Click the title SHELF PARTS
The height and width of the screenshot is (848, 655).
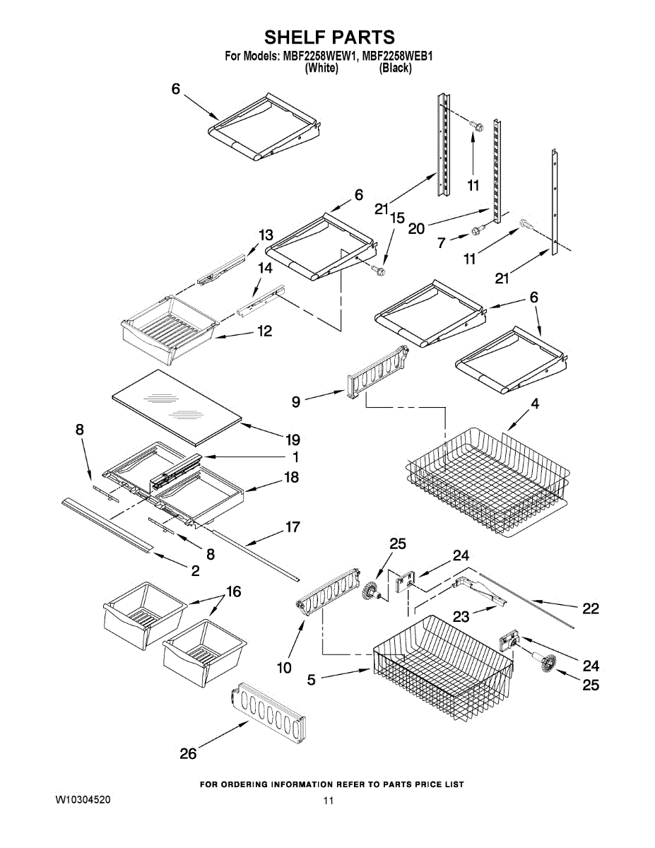click(329, 37)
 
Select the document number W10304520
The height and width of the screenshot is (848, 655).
click(83, 799)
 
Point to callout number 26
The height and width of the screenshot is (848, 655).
click(188, 753)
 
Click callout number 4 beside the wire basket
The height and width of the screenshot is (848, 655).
click(535, 404)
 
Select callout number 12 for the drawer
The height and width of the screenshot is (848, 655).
click(264, 331)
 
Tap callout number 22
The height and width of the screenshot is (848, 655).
click(590, 608)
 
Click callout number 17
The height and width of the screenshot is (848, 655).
click(292, 527)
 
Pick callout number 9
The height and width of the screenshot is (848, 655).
click(297, 401)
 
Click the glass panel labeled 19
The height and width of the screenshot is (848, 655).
click(176, 408)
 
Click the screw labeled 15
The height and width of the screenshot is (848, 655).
click(380, 268)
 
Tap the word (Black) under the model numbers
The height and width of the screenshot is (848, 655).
click(395, 68)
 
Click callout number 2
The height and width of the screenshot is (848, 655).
click(194, 570)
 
